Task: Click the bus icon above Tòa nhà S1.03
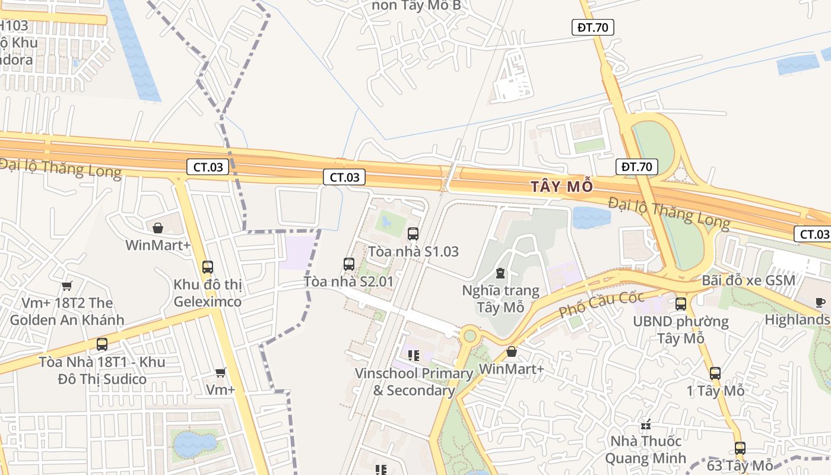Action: click(x=413, y=234)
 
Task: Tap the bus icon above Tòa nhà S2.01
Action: click(x=349, y=264)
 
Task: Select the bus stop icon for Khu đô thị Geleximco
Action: click(x=207, y=267)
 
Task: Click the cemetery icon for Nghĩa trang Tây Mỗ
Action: click(x=500, y=273)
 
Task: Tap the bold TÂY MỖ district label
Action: click(x=562, y=186)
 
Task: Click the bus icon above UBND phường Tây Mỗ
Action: click(x=680, y=304)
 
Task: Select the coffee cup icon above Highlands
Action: click(x=820, y=302)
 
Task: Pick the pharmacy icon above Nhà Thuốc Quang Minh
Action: click(x=646, y=425)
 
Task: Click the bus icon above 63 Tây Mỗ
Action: click(x=740, y=448)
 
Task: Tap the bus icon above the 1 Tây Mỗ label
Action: click(x=715, y=373)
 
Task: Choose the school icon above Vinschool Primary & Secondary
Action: click(x=414, y=356)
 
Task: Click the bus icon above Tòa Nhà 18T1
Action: click(x=102, y=344)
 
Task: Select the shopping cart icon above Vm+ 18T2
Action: click(x=67, y=286)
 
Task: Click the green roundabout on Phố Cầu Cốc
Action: click(x=470, y=336)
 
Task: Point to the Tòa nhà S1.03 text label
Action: click(x=413, y=252)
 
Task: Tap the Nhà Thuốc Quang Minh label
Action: click(x=646, y=450)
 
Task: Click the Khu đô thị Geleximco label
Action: click(x=208, y=293)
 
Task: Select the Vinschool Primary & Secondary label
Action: click(x=414, y=382)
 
